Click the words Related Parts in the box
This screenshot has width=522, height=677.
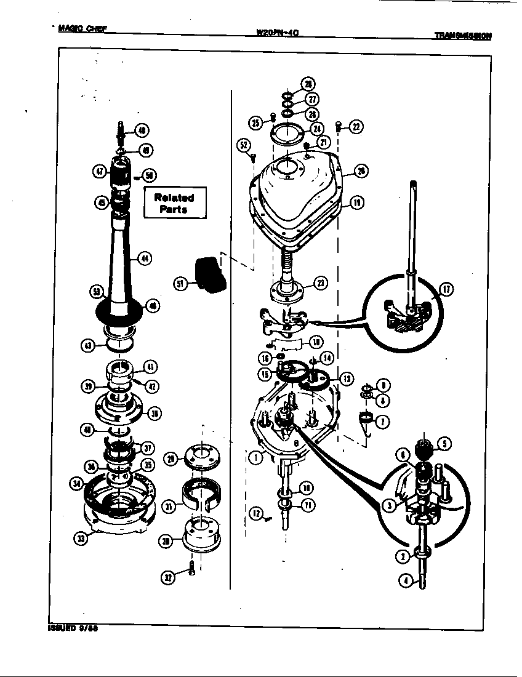tap(174, 203)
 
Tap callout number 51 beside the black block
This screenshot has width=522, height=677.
tap(180, 284)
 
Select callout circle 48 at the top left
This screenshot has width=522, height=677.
tap(142, 130)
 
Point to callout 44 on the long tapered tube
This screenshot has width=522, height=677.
tap(146, 258)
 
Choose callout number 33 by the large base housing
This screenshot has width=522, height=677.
tap(81, 539)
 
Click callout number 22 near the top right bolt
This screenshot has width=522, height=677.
tap(356, 127)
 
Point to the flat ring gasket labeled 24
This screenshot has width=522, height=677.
tap(289, 134)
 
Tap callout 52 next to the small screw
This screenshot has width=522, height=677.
tap(245, 145)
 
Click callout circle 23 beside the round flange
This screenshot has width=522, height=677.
tap(321, 283)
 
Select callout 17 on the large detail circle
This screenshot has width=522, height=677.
tap(446, 289)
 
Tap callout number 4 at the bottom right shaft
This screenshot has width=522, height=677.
tap(404, 580)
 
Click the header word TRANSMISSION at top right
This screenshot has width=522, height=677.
tap(462, 36)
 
